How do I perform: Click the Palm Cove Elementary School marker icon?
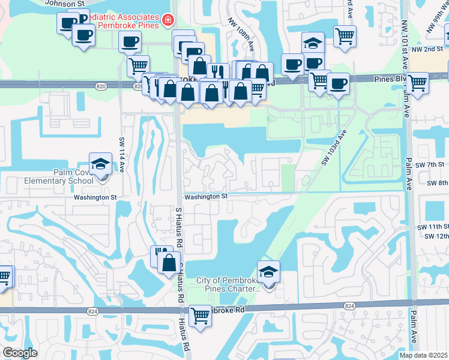coord(100,164)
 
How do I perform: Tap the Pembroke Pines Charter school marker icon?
coord(268,272)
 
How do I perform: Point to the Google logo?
coord(20,353)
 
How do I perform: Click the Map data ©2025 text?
coord(423,355)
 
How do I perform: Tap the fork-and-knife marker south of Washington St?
coord(160,256)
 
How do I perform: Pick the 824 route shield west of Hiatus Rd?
coord(92,311)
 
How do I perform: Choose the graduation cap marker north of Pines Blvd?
coord(313,43)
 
